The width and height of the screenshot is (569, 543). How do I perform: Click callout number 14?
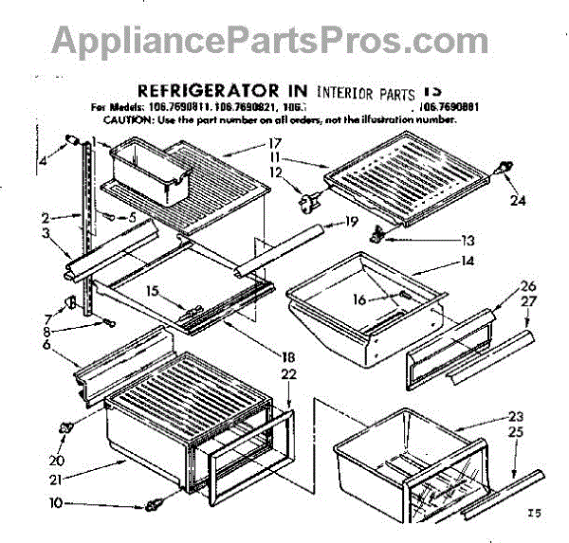(440, 261)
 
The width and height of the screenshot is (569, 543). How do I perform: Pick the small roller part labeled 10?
(152, 504)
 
